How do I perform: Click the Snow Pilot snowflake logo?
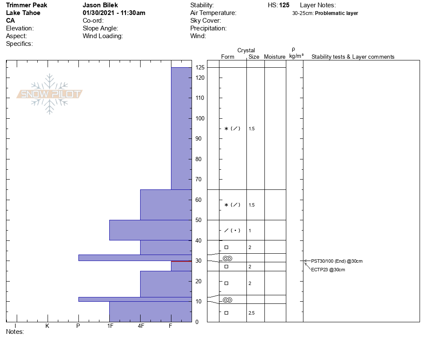[x=50, y=94]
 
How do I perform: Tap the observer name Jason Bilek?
[x=100, y=5]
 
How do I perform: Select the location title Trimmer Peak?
[x=27, y=5]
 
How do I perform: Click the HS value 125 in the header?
[x=284, y=5]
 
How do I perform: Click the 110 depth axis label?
[x=199, y=98]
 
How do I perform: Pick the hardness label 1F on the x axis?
[x=110, y=326]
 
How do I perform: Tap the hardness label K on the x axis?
[x=47, y=326]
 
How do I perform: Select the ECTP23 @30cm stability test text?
[x=328, y=270]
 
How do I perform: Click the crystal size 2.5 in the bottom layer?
[x=252, y=313]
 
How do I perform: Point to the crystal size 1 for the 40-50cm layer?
[x=250, y=231]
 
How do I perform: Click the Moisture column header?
[x=275, y=57]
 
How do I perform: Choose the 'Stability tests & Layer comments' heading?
[x=353, y=57]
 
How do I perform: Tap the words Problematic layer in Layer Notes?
[x=336, y=13]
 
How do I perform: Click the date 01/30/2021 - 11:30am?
[x=114, y=13]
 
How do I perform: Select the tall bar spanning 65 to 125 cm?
[x=181, y=129]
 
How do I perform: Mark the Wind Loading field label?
[x=103, y=36]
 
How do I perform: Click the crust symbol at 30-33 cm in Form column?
[x=228, y=258]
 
